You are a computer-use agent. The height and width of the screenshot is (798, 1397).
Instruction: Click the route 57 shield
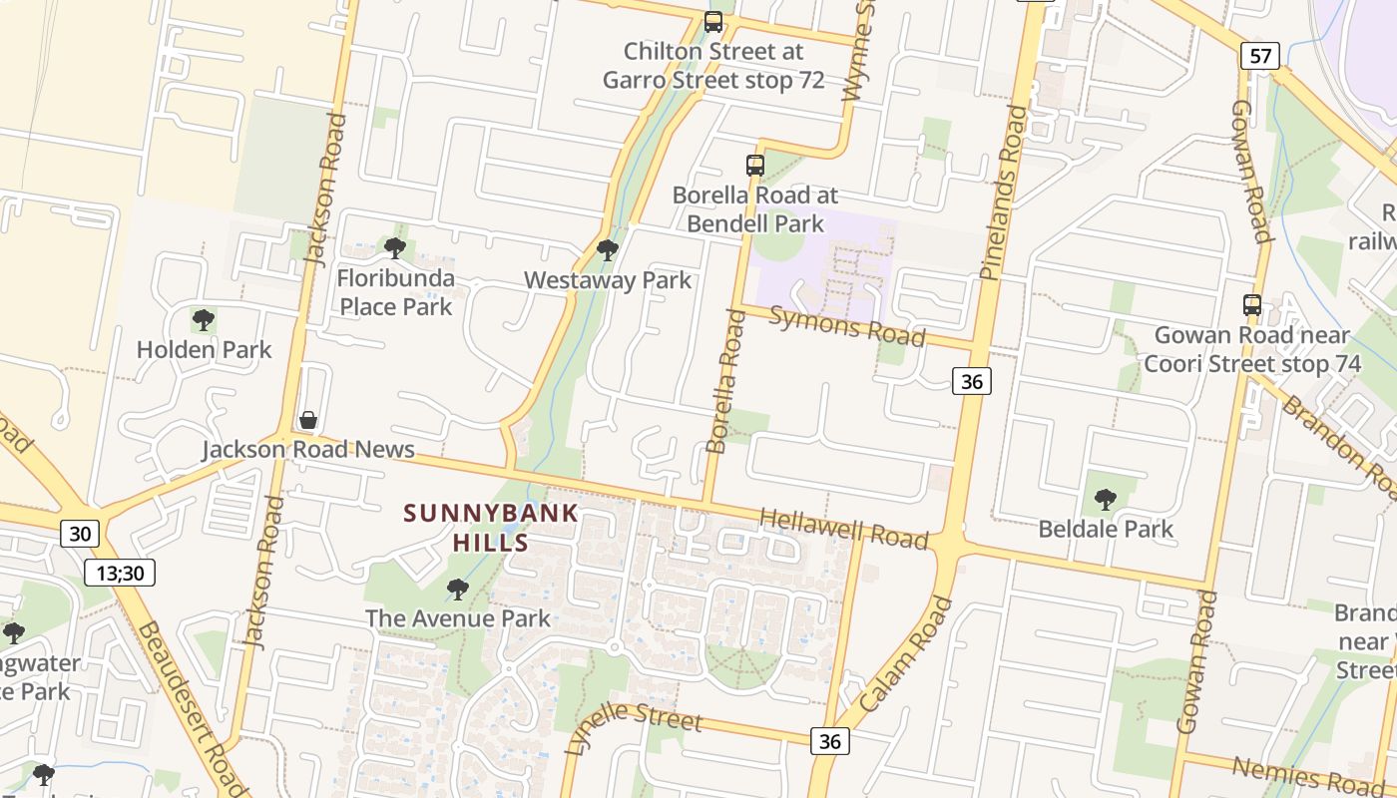pos(1260,55)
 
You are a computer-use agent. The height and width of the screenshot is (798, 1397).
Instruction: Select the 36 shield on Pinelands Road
pos(971,380)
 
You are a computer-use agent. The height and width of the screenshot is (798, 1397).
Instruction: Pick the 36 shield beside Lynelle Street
pos(829,740)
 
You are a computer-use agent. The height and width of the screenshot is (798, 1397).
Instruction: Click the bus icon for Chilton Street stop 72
pos(713,21)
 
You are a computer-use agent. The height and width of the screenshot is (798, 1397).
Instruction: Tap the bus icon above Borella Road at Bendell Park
pos(755,166)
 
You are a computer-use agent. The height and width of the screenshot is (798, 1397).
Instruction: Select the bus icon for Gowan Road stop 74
pos(1251,305)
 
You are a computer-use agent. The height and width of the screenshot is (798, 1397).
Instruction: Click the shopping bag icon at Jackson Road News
pos(308,420)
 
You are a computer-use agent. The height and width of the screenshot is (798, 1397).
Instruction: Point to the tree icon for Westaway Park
pos(607,249)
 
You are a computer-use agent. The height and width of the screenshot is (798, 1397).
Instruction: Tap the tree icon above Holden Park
pos(204,320)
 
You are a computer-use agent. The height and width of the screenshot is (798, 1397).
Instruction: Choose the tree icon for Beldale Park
pos(1105,499)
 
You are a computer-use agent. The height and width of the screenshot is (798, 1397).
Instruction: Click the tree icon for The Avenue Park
pos(457,589)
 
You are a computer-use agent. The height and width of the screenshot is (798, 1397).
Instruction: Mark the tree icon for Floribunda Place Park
pos(395,247)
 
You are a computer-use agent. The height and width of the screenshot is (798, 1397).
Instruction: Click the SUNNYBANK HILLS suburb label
pos(491,528)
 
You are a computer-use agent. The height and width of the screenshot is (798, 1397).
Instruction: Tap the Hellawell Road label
pos(844,528)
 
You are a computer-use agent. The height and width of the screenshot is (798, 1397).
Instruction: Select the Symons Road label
pos(847,325)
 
